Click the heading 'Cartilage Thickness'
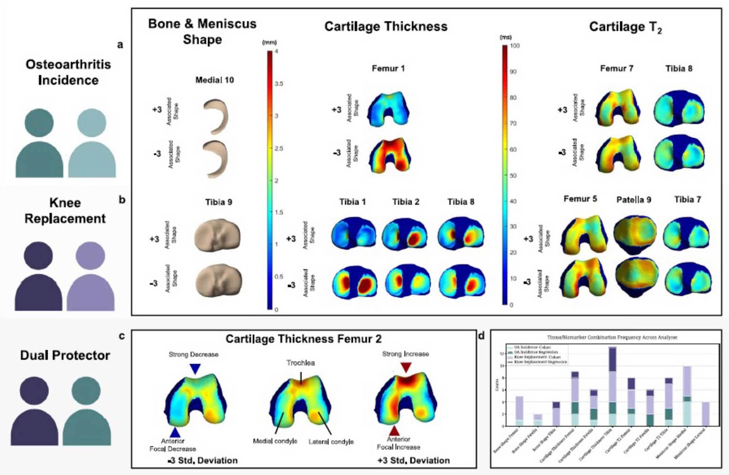tap(386, 26)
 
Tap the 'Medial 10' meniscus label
tap(214, 80)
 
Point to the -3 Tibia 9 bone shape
tap(218, 281)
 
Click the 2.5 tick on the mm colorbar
tap(278, 148)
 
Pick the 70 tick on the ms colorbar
tap(513, 123)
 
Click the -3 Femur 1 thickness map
tap(390, 154)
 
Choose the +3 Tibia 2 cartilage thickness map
tap(405, 235)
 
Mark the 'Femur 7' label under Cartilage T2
tap(616, 68)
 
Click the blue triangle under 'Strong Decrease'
tap(195, 369)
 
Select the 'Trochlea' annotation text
tap(300, 363)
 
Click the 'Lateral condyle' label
tap(331, 441)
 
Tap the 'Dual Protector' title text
tap(65, 356)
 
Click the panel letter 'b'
tap(122, 200)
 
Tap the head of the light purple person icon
tap(90, 256)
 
